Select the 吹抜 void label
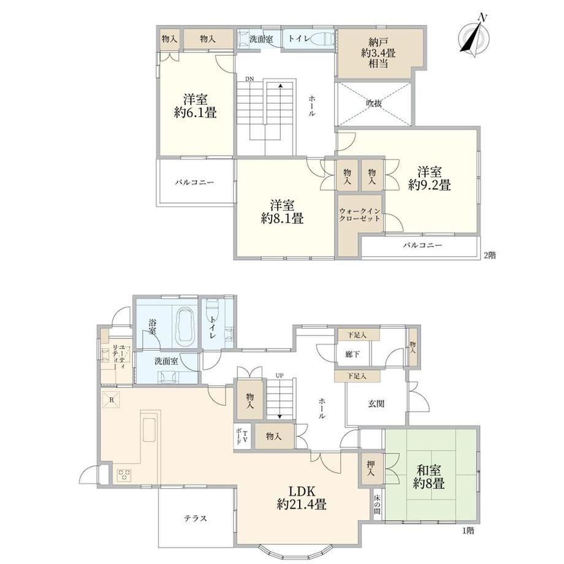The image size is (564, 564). [374, 104]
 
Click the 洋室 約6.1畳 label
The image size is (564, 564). [196, 106]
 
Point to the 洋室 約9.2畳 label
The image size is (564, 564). [430, 178]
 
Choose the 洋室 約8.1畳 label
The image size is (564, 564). [283, 212]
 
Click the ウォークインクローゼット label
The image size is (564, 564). [360, 215]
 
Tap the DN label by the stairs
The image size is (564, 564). [250, 79]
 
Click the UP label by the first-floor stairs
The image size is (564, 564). [280, 376]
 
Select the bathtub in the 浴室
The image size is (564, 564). [185, 325]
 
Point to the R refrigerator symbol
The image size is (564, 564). [111, 399]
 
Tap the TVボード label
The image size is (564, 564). [242, 436]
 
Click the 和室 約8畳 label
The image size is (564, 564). [429, 476]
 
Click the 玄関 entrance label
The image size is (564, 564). [376, 403]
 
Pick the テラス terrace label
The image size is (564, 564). [196, 518]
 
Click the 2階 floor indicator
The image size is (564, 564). [490, 256]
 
